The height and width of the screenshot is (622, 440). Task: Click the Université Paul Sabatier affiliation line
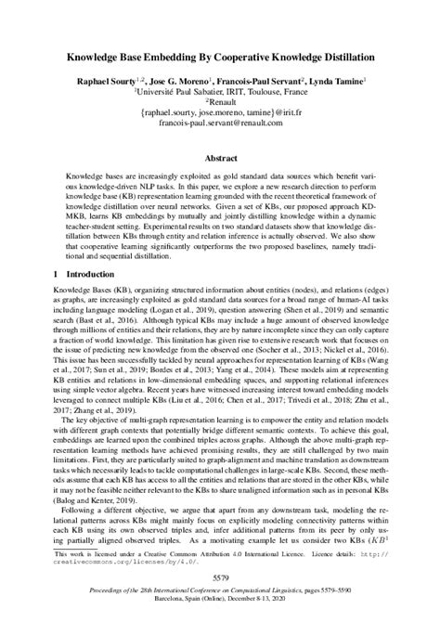[221, 94]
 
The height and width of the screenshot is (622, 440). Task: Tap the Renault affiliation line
[221, 104]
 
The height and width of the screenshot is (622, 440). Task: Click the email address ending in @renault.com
[220, 124]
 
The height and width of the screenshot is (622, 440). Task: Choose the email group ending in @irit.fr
[220, 114]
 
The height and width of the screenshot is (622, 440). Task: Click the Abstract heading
[220, 157]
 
